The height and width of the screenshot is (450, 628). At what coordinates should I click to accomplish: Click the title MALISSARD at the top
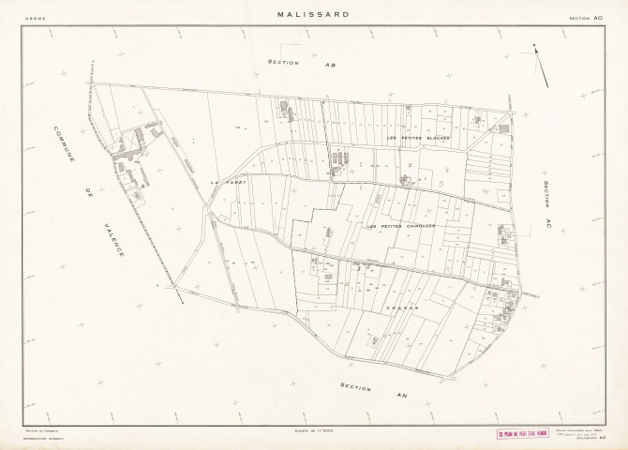coord(314,14)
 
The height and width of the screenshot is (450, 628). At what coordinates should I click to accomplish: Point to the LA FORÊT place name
coord(228,181)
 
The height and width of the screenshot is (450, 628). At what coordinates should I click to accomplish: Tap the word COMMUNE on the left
coord(67,148)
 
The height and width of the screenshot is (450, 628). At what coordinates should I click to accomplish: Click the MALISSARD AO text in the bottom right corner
coord(588,438)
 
